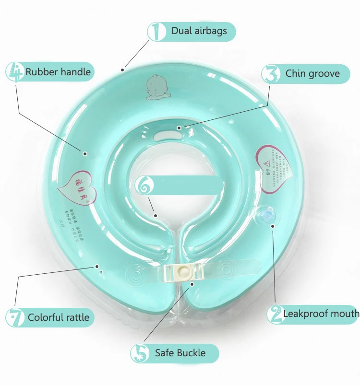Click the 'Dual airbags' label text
point(199,32)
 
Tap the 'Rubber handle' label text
point(58,72)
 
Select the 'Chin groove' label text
point(312,73)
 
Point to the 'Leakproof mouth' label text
point(321,314)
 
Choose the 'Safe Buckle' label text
point(180,353)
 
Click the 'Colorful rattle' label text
point(58,317)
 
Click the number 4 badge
point(14,72)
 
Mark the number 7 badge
point(15,317)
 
